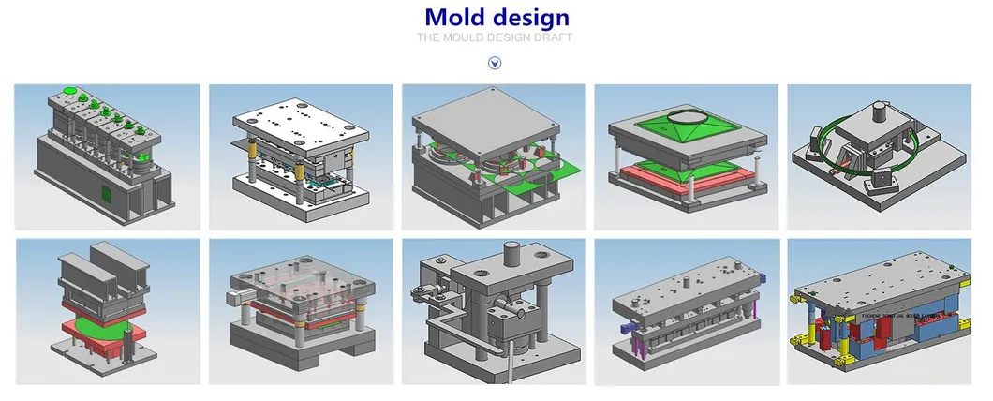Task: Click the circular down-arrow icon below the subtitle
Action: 496,63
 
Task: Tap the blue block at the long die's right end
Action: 761,277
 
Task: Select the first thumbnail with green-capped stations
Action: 107,157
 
